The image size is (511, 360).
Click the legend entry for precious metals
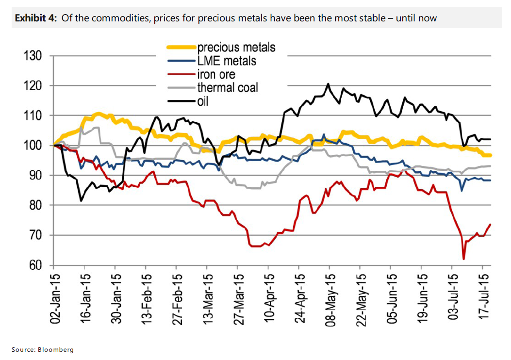click(236, 47)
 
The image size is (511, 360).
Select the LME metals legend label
click(227, 61)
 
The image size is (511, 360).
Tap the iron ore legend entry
click(216, 74)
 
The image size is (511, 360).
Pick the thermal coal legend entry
click(228, 88)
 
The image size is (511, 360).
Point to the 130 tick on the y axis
click(34, 56)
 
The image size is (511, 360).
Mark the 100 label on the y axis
click(34, 146)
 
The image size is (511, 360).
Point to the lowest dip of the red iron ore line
click(463, 259)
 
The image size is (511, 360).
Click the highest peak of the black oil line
click(329, 84)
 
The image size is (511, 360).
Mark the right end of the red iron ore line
click(490, 224)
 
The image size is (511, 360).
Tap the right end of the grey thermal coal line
click(490, 166)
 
